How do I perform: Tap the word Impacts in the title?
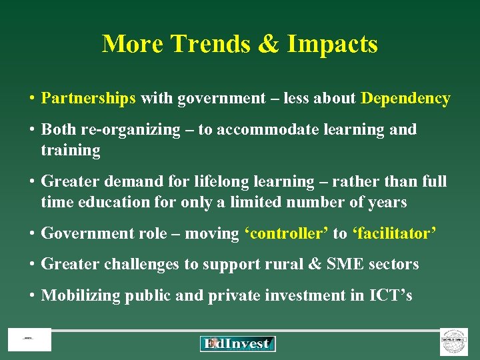point(333,44)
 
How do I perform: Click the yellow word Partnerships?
point(89,99)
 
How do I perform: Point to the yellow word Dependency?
point(405,99)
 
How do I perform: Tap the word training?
point(71,151)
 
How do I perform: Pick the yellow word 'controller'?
point(286,233)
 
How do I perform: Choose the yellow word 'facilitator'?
point(395,233)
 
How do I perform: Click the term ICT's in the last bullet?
point(391,295)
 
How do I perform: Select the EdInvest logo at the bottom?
point(238,343)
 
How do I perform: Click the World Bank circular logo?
point(454,341)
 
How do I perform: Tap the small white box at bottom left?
point(29,340)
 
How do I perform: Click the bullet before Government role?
point(31,233)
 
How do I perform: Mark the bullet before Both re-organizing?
point(31,129)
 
